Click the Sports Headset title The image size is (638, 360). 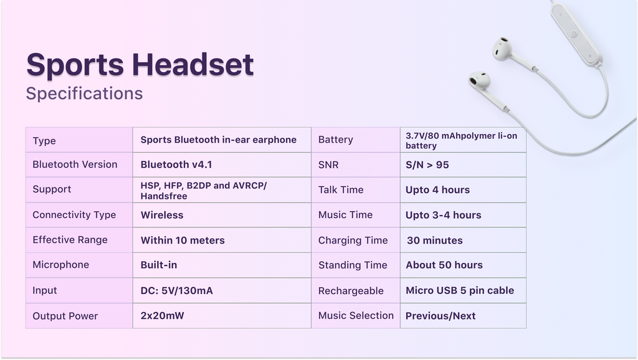coord(140,64)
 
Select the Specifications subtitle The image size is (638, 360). coord(84,93)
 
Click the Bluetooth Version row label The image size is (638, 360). coord(75,164)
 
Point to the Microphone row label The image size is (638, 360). coord(60,265)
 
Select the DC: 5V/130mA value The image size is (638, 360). coord(176,290)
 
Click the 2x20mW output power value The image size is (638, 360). coord(162,316)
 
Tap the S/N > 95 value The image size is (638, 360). coord(427,165)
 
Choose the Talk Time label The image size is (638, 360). coord(341,189)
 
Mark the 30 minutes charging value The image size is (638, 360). coord(434,240)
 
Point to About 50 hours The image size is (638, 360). coord(444,265)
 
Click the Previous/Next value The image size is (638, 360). coord(440,316)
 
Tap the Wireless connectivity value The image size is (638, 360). coord(162,215)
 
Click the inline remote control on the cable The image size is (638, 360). coord(576,34)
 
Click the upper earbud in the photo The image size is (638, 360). coord(502,49)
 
